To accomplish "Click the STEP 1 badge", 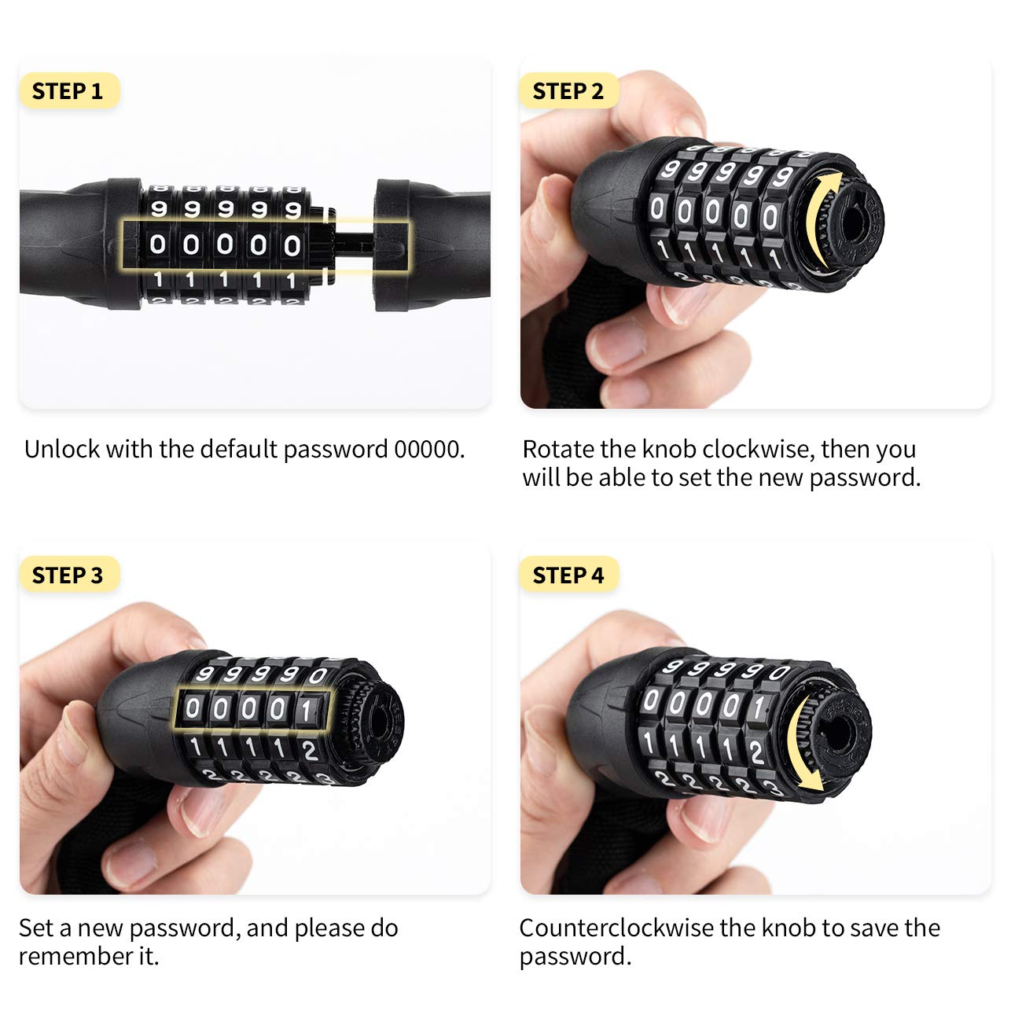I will coord(68,91).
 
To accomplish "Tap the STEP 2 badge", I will coord(568,91).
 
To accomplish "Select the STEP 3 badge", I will coord(68,575).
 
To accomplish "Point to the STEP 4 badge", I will coord(568,575).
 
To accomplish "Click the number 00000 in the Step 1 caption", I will coord(426,450).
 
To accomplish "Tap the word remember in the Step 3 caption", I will coord(70,957).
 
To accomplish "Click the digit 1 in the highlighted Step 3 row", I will coord(307,711).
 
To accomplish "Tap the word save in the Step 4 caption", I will coord(872,928).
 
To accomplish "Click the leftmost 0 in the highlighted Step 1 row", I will coord(158,245).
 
